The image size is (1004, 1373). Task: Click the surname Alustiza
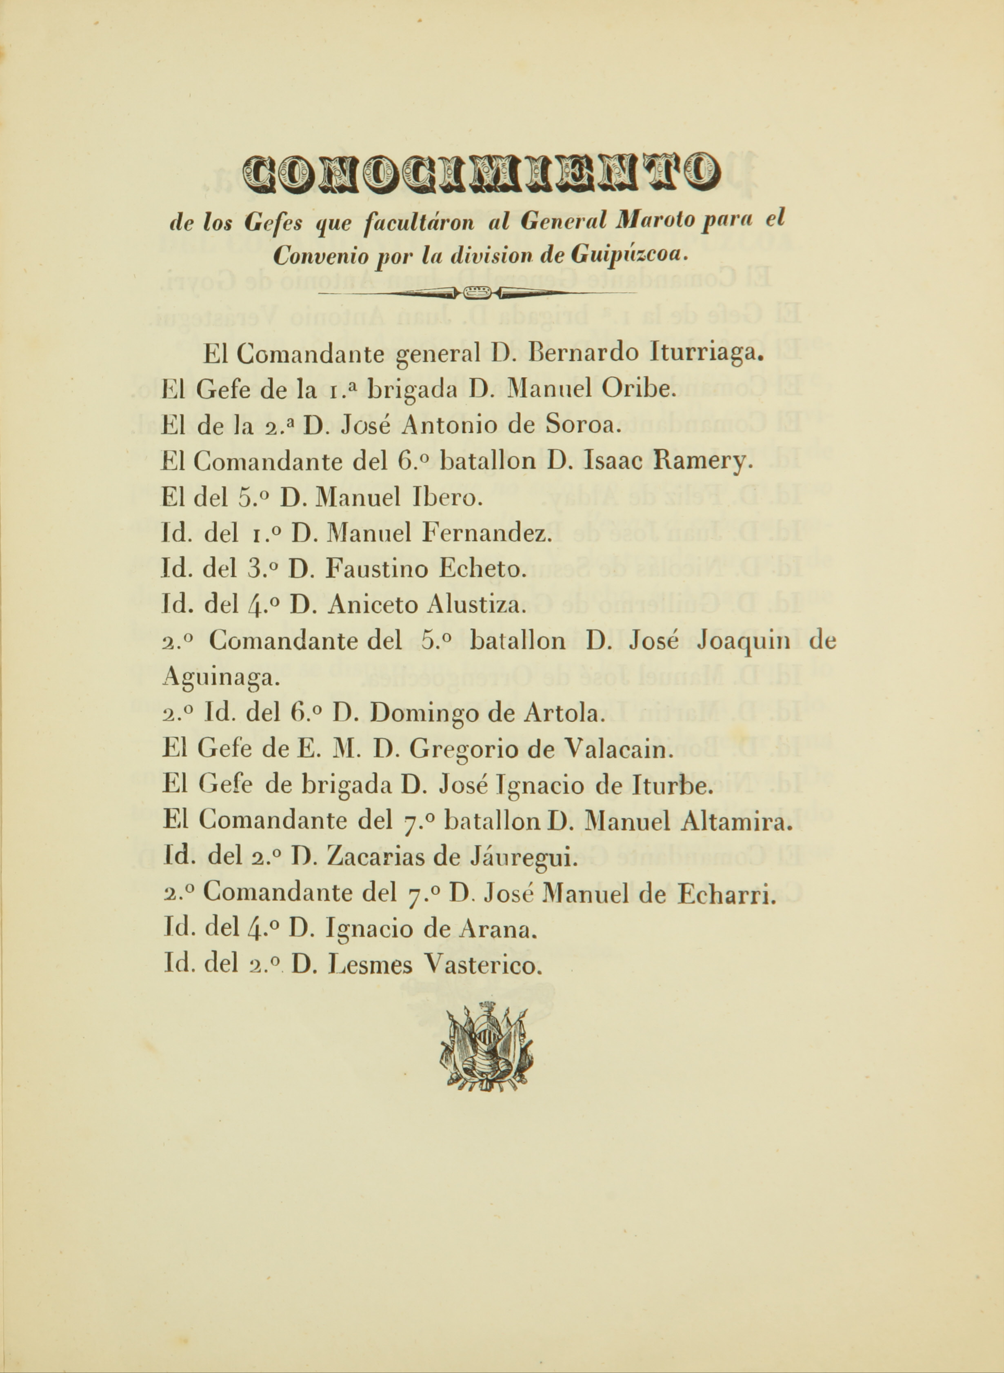pos(474,605)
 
